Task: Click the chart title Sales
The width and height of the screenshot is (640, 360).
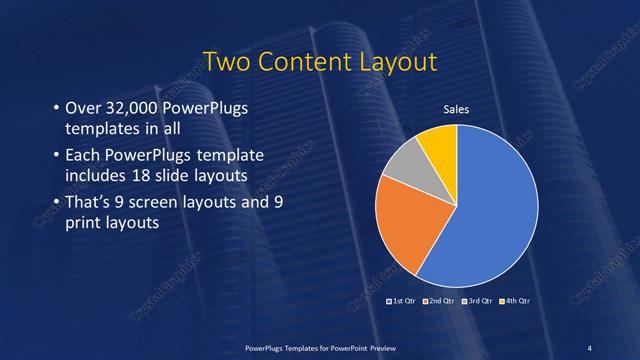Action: coord(456,109)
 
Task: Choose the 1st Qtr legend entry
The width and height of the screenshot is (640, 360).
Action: coord(401,300)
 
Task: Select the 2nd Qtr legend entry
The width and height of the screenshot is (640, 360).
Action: coord(441,300)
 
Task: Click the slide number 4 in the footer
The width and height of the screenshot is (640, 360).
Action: coord(590,346)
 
